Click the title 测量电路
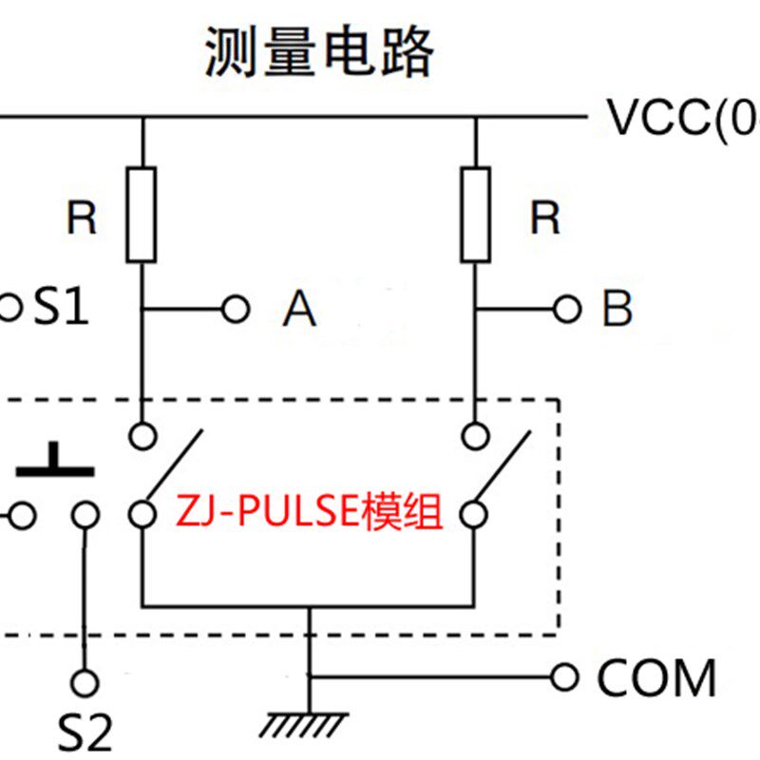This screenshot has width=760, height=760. click(319, 52)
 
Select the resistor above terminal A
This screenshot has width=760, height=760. click(141, 214)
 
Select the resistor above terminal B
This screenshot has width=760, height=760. click(475, 214)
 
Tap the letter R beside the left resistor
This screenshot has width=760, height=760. click(82, 219)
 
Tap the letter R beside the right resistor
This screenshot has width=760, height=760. click(544, 219)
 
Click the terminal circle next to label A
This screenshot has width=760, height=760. click(235, 308)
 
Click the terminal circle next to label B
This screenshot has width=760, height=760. click(567, 308)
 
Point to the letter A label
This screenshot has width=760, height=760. click(299, 309)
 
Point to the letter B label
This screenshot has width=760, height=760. click(617, 309)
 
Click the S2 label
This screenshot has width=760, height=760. click(86, 732)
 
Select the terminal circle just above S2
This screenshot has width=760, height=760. click(85, 682)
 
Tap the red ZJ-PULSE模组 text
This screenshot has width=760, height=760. click(309, 514)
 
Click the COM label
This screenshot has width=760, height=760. click(655, 678)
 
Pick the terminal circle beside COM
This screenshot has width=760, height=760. click(565, 677)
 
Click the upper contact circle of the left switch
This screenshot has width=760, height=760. click(142, 436)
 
